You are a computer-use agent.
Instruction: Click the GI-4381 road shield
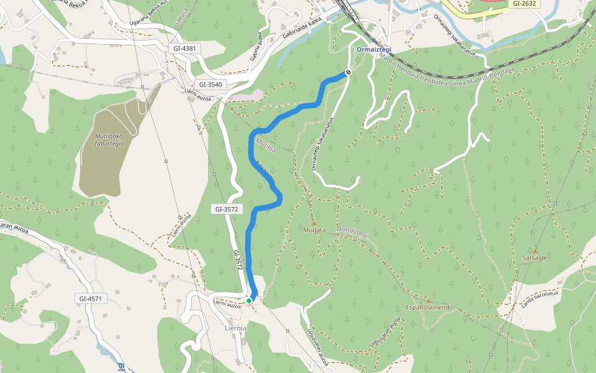tap(185, 48)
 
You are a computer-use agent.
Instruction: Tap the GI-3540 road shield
tap(210, 85)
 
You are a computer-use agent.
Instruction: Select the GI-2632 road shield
tap(525, 4)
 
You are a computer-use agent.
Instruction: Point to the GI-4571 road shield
tap(91, 299)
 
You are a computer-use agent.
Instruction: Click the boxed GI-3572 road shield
tap(227, 210)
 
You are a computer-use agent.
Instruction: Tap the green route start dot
tap(249, 301)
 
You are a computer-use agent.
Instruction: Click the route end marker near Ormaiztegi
tap(348, 73)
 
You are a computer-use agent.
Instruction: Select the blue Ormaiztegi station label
tap(374, 50)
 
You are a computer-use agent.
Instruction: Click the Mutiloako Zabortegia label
tap(109, 139)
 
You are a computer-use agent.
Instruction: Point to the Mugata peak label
tap(314, 231)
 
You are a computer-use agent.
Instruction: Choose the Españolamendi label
tap(427, 308)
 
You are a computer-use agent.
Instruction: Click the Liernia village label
tap(235, 328)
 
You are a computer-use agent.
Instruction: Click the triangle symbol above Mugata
tap(314, 223)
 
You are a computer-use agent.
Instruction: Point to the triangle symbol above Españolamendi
tap(428, 300)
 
